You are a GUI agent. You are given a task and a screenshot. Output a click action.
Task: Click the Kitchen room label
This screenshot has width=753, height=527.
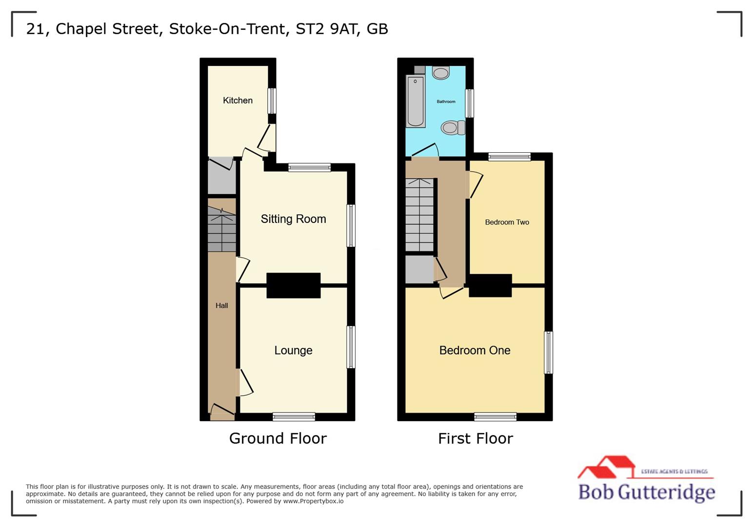238,101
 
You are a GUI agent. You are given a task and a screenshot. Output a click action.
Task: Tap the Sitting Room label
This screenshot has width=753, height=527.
293,219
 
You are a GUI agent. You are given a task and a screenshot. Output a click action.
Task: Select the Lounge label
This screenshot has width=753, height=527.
293,350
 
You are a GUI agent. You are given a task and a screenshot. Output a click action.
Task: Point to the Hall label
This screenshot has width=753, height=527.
221,305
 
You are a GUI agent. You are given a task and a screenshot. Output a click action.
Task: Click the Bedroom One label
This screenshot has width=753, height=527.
475,350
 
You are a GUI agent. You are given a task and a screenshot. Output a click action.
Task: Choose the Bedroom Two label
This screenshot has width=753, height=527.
507,222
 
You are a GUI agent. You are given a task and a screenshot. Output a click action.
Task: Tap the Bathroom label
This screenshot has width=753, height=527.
446,101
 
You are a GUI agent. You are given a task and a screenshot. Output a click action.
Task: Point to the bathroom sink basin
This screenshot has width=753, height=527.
441,73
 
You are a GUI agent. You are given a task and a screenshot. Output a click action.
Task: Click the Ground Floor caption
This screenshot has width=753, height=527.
278,438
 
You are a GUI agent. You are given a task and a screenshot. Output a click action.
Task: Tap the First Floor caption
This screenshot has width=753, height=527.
476,438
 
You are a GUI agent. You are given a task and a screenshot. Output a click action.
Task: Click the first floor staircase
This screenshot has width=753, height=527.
419,215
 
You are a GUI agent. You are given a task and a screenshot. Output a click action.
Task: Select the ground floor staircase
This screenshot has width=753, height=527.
222,229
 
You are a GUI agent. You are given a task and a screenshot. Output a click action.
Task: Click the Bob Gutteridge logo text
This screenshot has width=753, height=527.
647,492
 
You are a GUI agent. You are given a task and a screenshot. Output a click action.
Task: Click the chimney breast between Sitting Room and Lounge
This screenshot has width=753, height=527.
293,285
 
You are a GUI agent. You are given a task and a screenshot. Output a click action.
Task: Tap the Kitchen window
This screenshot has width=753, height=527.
272,101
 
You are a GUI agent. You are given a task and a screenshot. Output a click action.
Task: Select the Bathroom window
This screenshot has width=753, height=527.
470,103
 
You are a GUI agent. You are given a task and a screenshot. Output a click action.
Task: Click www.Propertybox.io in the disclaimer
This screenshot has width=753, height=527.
313,501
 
